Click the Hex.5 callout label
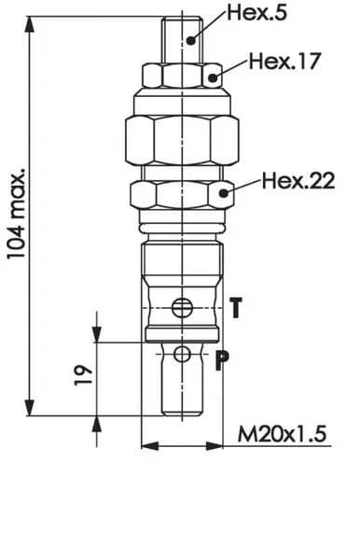[256, 13]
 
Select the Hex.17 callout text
[284, 61]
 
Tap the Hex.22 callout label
[298, 180]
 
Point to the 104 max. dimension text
[17, 213]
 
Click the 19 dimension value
[84, 375]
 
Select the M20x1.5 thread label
[282, 434]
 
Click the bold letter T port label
[235, 307]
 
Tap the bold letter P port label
[222, 361]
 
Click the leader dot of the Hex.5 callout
[191, 41]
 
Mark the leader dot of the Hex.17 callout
[213, 77]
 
